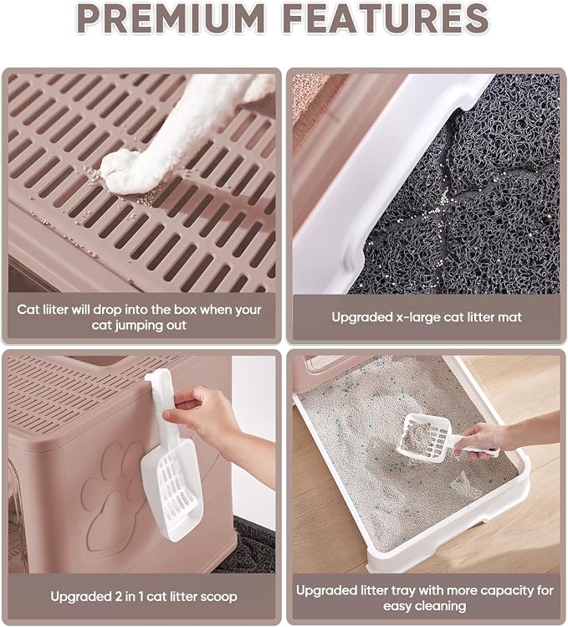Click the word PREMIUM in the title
[172, 18]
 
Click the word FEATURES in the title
[387, 18]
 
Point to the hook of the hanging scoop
[154, 377]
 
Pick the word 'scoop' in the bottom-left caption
[218, 598]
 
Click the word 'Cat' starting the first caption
[28, 310]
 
